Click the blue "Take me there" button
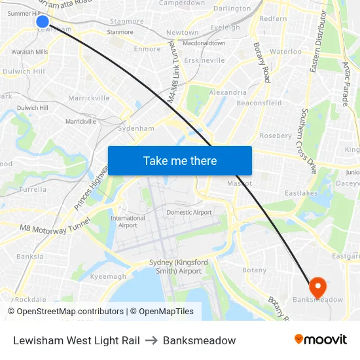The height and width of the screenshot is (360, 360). coord(180,160)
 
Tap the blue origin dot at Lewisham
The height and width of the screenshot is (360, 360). coord(43,22)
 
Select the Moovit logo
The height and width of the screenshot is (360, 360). coord(321,340)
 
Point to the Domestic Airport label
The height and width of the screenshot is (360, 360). coord(189,213)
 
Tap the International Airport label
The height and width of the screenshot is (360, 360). coord(128,222)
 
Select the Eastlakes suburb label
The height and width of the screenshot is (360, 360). coord(300,194)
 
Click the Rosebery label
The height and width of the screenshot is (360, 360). coord(276,135)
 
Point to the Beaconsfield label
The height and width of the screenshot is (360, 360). coord(259,103)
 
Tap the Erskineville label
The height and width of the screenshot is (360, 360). coord(204,60)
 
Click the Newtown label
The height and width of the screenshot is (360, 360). coord(183,32)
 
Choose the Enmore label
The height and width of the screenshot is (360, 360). coord(147,49)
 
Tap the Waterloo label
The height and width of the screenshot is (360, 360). coord(285,51)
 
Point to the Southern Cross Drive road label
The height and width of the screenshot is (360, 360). coord(308,141)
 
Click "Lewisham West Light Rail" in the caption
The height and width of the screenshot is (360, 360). coord(77,340)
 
